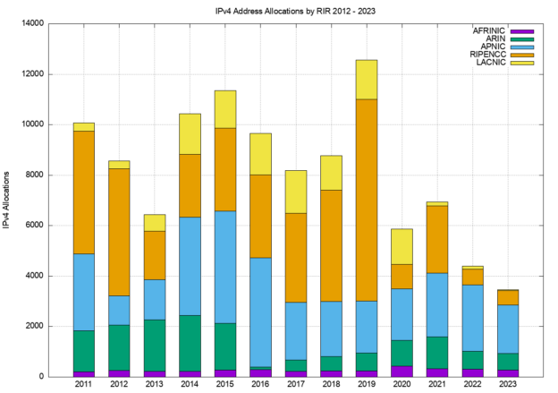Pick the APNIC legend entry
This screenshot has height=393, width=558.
pos(490,47)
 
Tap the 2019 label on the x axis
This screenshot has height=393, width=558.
pos(366,385)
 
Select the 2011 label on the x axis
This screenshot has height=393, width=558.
pos(84,385)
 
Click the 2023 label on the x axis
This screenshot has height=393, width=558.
pos(506,385)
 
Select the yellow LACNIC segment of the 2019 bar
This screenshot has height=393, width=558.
pos(366,80)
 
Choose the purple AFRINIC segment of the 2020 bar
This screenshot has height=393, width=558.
pos(401,371)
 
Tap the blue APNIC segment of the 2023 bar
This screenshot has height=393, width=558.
pos(506,329)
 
